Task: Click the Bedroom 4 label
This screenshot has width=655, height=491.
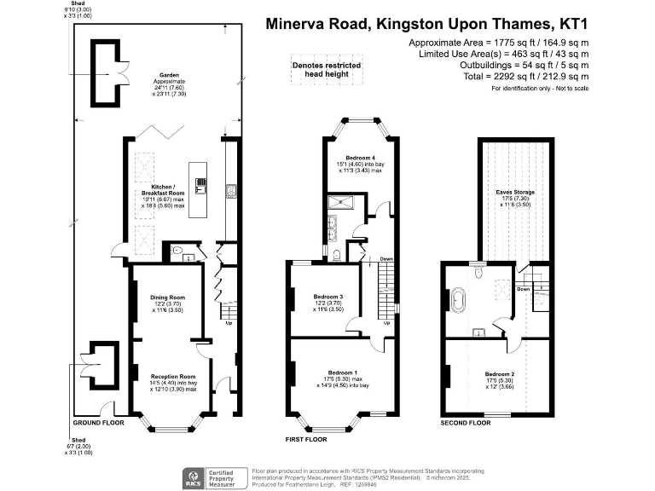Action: pos(360,159)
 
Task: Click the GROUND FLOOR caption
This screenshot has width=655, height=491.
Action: pos(98,423)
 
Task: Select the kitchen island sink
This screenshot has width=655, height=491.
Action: pos(200,182)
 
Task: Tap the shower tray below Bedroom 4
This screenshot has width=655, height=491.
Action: pos(342,203)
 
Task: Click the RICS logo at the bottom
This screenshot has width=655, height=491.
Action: pos(194,477)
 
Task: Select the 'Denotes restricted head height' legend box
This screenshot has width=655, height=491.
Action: pos(327,70)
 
